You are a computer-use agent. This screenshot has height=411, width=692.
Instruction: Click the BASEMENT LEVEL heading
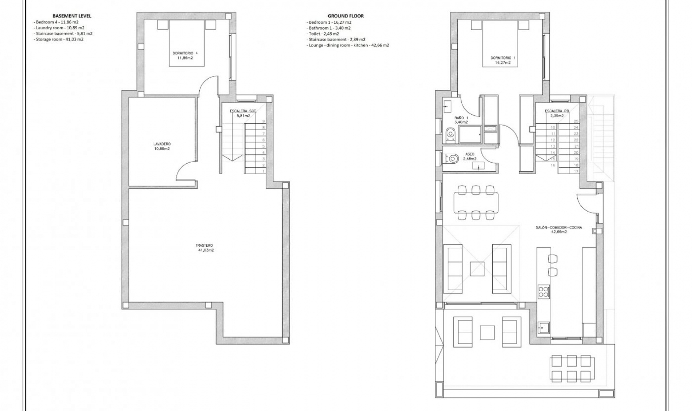[x=72, y=16]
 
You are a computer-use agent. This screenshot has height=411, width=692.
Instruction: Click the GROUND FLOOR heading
[x=345, y=16]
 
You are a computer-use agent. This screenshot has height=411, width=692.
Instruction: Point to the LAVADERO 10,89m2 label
[x=161, y=146]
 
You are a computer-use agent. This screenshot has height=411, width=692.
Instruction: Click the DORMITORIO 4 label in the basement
[x=185, y=55]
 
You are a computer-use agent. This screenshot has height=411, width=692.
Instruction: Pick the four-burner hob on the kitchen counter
[x=543, y=292]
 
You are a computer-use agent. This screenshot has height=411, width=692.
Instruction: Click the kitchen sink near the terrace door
[x=543, y=327]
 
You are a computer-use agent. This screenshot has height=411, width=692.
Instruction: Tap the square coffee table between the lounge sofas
[x=477, y=269]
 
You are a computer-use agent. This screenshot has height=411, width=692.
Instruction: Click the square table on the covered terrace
[x=487, y=332]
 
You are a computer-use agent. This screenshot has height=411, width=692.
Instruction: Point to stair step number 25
[x=576, y=121]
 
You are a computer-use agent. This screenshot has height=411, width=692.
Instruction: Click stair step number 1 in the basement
[x=263, y=171]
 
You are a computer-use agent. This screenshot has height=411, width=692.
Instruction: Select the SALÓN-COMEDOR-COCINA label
[x=559, y=230]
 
